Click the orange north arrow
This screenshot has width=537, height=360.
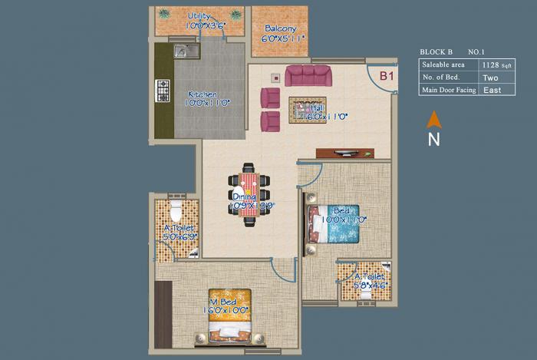click(x=433, y=119)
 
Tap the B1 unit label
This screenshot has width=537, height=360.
click(x=387, y=76)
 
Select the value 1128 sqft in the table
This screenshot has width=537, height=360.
click(x=493, y=65)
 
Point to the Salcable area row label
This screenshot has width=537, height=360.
click(x=443, y=65)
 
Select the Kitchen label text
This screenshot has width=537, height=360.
click(x=203, y=94)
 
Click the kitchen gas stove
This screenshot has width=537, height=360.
click(x=163, y=90)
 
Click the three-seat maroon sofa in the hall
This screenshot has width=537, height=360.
click(x=308, y=76)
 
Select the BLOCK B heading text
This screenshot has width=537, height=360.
click(x=437, y=52)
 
